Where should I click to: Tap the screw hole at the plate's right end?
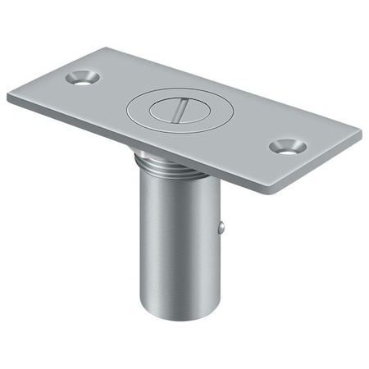point(288,146)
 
